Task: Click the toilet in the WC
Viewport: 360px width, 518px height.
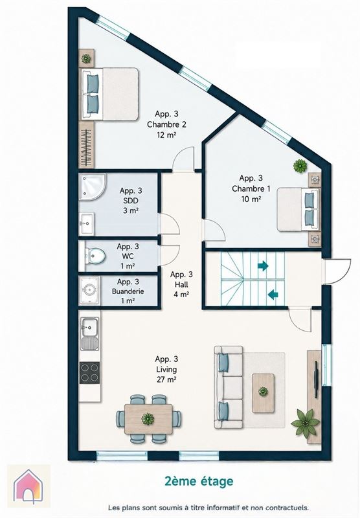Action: click(95, 256)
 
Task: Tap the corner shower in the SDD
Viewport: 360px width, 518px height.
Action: click(91, 186)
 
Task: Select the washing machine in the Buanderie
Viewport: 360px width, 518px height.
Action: click(89, 289)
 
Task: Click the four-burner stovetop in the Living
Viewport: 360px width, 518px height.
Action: click(89, 373)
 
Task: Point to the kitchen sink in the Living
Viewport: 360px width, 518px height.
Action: click(89, 333)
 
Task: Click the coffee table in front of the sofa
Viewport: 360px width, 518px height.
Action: click(264, 393)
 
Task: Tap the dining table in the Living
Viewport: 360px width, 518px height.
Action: click(148, 419)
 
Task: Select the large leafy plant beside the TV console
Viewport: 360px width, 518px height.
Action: click(306, 422)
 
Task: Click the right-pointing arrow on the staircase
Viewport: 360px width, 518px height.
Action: click(263, 265)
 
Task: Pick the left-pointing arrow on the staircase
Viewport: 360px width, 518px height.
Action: click(273, 294)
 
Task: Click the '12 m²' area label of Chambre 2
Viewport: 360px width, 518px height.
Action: click(166, 135)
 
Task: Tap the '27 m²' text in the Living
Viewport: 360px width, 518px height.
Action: click(166, 379)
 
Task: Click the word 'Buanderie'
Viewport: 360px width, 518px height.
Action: click(128, 291)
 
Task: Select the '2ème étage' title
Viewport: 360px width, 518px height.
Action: click(199, 481)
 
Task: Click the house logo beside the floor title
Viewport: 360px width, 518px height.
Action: click(28, 486)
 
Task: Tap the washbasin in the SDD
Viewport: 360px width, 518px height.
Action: click(87, 223)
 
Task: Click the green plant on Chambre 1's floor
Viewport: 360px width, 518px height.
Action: click(300, 166)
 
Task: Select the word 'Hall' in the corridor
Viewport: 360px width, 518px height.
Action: click(182, 284)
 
